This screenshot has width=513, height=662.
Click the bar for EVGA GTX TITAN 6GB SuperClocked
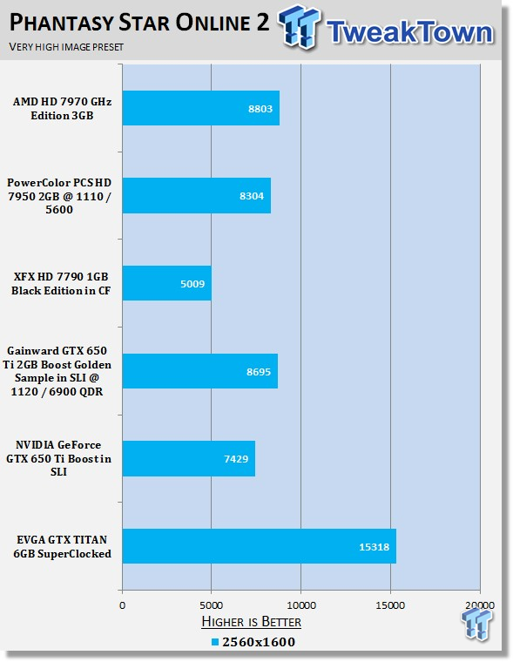pos(260,546)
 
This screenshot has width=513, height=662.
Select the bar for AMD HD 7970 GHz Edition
pos(201,108)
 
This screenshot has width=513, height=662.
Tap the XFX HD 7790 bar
pos(166,283)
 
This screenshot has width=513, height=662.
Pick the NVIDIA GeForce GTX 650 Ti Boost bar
pos(189,458)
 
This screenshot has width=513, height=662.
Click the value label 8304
pos(252,196)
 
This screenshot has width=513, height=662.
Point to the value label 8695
pos(259,372)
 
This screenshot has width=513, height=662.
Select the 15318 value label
pos(375,547)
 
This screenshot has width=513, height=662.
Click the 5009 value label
pos(192,284)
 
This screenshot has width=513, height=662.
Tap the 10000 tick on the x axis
pos(301,605)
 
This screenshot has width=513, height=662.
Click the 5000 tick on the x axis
pos(211,605)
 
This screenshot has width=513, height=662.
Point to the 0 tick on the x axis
pos(123,605)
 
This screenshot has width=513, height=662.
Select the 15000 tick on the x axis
pos(390,605)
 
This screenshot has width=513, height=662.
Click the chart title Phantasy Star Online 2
pos(139,23)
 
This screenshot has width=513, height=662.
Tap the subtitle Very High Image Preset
pos(66,46)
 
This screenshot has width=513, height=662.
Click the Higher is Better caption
pos(251,622)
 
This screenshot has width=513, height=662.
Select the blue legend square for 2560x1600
pos(215,642)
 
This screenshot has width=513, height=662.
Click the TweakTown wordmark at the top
pos(409,31)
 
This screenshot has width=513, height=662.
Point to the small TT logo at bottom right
pos(477,623)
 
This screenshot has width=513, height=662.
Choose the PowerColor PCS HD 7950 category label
pos(59,196)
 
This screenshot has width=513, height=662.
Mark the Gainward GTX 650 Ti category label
pos(57,371)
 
